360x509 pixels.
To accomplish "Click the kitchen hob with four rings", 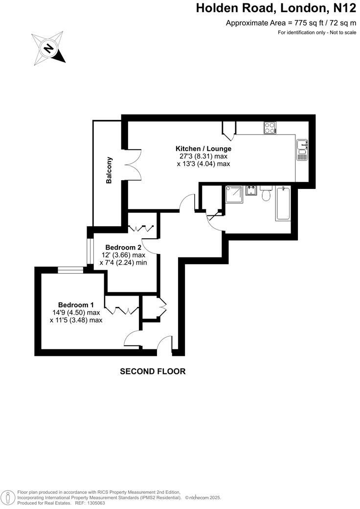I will [x=270, y=128].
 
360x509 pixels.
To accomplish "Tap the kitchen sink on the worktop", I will [x=302, y=150].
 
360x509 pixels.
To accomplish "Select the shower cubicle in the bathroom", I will [x=234, y=195].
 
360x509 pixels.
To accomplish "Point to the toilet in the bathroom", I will [x=267, y=194].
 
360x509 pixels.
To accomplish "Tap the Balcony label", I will [x=110, y=170].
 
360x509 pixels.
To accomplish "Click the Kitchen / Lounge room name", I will [x=203, y=149].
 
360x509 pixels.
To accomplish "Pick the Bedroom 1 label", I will [x=76, y=304].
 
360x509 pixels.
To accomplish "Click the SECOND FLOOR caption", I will [x=153, y=371].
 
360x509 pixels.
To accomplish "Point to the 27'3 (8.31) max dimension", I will [x=203, y=157].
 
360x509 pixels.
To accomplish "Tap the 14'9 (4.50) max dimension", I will [x=76, y=312].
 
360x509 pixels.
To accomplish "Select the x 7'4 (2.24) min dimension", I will [x=123, y=263].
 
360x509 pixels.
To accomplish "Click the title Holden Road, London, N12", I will [x=276, y=8].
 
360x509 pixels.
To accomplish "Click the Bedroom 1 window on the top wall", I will [x=70, y=268].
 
